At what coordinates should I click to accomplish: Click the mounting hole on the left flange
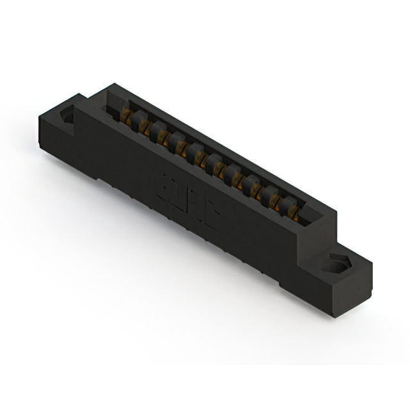(x=67, y=118)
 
